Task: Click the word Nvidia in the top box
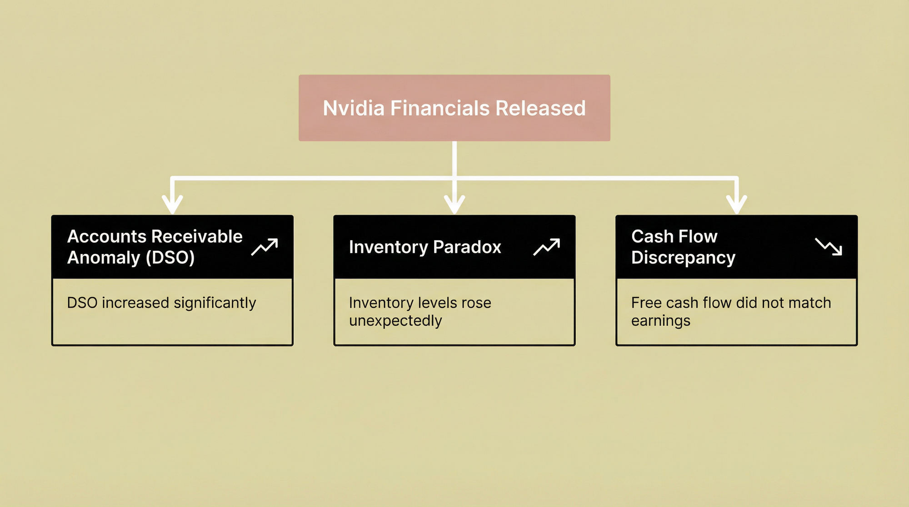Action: [x=354, y=109]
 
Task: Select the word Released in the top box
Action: [x=540, y=109]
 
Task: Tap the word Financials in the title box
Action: [x=440, y=109]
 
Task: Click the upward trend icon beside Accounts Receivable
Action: [x=265, y=247]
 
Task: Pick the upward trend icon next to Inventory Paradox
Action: [x=547, y=247]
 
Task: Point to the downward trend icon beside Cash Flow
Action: [x=829, y=247]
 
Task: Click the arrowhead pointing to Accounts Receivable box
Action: [x=172, y=204]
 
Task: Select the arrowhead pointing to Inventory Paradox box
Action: [x=454, y=204]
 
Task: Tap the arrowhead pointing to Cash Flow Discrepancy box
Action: [x=737, y=204]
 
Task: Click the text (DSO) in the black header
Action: [x=170, y=258]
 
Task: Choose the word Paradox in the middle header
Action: [x=467, y=247]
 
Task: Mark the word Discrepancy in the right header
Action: [x=683, y=258]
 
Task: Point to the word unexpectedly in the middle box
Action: [x=395, y=321]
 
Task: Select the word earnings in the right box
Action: [x=661, y=321]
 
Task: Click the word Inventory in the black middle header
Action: [x=389, y=248]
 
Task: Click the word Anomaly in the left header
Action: [x=104, y=258]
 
